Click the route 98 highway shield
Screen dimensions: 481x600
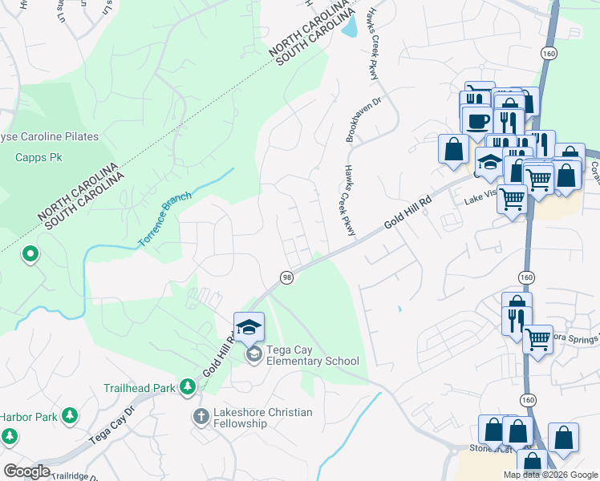point(286,277)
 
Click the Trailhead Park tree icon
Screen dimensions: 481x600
point(188,387)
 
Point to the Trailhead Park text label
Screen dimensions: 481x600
point(139,388)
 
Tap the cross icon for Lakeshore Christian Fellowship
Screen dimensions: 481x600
point(201,416)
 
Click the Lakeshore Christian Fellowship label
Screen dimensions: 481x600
point(262,418)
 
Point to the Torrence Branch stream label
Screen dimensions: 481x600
point(164,218)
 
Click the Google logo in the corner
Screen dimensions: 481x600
point(26,471)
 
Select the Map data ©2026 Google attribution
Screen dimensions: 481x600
point(550,475)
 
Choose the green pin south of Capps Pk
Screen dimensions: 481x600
point(30,255)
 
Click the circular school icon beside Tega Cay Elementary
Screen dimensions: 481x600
point(253,355)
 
